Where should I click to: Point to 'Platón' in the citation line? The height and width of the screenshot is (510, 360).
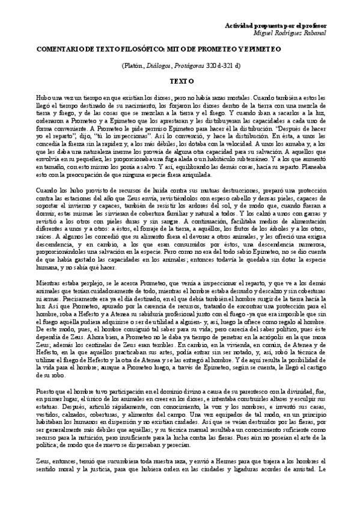134,66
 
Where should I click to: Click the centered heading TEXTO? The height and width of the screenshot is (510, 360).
180,80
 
